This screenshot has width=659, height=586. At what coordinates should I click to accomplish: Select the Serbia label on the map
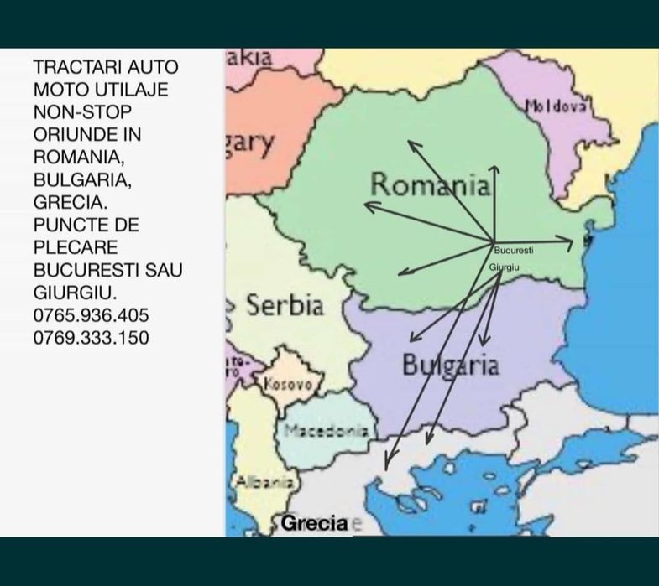point(285,305)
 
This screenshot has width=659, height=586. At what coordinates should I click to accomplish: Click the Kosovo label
point(288,384)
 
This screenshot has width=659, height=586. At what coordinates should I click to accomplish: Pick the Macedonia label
point(326,431)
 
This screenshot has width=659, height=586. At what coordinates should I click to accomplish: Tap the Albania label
point(264,482)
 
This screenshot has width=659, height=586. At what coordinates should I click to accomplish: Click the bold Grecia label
point(314,524)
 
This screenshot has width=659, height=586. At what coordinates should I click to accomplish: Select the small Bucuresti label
point(514,251)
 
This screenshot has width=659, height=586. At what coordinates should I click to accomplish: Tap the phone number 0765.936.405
point(92,316)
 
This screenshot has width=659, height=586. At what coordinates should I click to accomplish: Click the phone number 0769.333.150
point(92,339)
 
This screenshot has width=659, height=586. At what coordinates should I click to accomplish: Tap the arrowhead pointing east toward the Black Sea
point(570,244)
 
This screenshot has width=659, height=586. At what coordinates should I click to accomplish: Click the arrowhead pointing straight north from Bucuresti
point(494,169)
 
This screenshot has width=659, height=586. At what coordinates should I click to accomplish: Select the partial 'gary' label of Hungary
point(249,143)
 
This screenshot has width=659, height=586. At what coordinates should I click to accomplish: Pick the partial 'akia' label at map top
point(250,58)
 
